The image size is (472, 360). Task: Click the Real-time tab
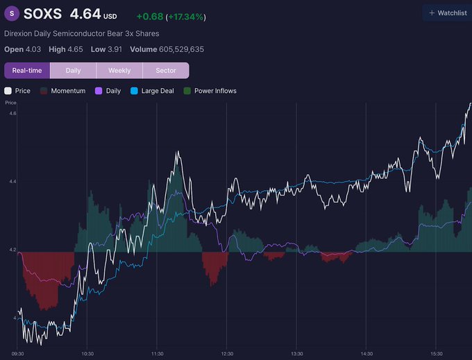pyautogui.click(x=27, y=71)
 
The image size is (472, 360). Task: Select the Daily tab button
pyautogui.click(x=73, y=71)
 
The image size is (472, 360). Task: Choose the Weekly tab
pyautogui.click(x=119, y=71)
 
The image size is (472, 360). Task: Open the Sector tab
pyautogui.click(x=166, y=71)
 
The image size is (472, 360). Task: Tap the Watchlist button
pyautogui.click(x=448, y=13)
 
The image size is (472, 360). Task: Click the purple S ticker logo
pyautogui.click(x=12, y=14)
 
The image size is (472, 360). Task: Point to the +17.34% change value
pyautogui.click(x=186, y=17)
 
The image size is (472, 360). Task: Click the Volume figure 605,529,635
pyautogui.click(x=182, y=49)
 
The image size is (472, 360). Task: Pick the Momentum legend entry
pyautogui.click(x=62, y=91)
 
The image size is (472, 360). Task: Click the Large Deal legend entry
pyautogui.click(x=152, y=91)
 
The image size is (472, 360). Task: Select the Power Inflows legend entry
pyautogui.click(x=210, y=91)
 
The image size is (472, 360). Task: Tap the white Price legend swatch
pyautogui.click(x=8, y=91)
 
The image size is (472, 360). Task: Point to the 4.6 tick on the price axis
pyautogui.click(x=12, y=113)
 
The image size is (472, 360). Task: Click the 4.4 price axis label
pyautogui.click(x=12, y=181)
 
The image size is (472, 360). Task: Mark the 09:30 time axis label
pyautogui.click(x=17, y=354)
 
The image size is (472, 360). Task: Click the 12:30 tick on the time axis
pyautogui.click(x=227, y=354)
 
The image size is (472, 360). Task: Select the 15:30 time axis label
pyautogui.click(x=436, y=354)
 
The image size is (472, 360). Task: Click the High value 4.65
pyautogui.click(x=75, y=49)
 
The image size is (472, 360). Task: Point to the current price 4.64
pyautogui.click(x=85, y=14)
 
